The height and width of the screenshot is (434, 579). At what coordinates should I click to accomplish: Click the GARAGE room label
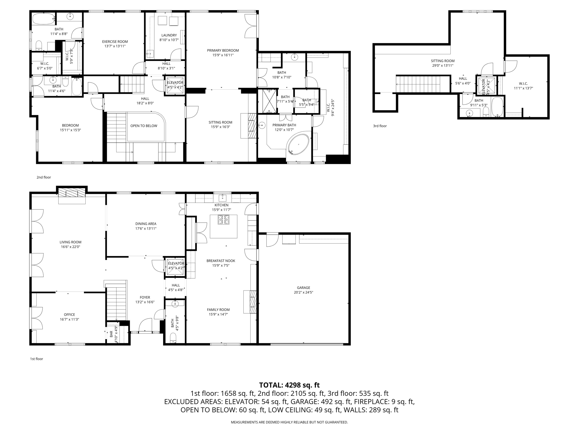[x=303, y=288]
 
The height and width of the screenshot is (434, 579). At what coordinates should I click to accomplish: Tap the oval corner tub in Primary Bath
[x=298, y=144]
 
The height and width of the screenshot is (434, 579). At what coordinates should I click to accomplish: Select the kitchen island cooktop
[x=223, y=220]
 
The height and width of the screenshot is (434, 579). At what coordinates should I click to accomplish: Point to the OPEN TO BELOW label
[x=144, y=126]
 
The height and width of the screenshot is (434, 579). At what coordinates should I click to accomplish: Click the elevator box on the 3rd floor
[x=486, y=85]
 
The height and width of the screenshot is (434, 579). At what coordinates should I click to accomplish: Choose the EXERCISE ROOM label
[x=115, y=42]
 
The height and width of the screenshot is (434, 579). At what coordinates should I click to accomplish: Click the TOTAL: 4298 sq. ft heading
[x=289, y=385]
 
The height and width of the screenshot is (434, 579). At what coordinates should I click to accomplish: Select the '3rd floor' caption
[x=380, y=126]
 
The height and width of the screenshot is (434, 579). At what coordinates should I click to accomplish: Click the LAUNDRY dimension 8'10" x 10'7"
[x=169, y=40]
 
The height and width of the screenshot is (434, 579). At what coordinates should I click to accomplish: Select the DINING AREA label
[x=146, y=224]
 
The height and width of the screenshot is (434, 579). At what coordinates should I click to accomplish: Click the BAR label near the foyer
[x=111, y=334]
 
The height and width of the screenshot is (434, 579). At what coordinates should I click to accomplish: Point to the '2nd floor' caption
[x=44, y=177]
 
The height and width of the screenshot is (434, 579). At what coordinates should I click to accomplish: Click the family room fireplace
[x=253, y=301]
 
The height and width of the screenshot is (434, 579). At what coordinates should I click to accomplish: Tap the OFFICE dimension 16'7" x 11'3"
[x=69, y=319]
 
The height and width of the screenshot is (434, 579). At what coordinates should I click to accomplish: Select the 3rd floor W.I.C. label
[x=523, y=84]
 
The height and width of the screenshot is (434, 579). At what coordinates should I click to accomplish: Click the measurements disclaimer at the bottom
[x=289, y=422]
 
